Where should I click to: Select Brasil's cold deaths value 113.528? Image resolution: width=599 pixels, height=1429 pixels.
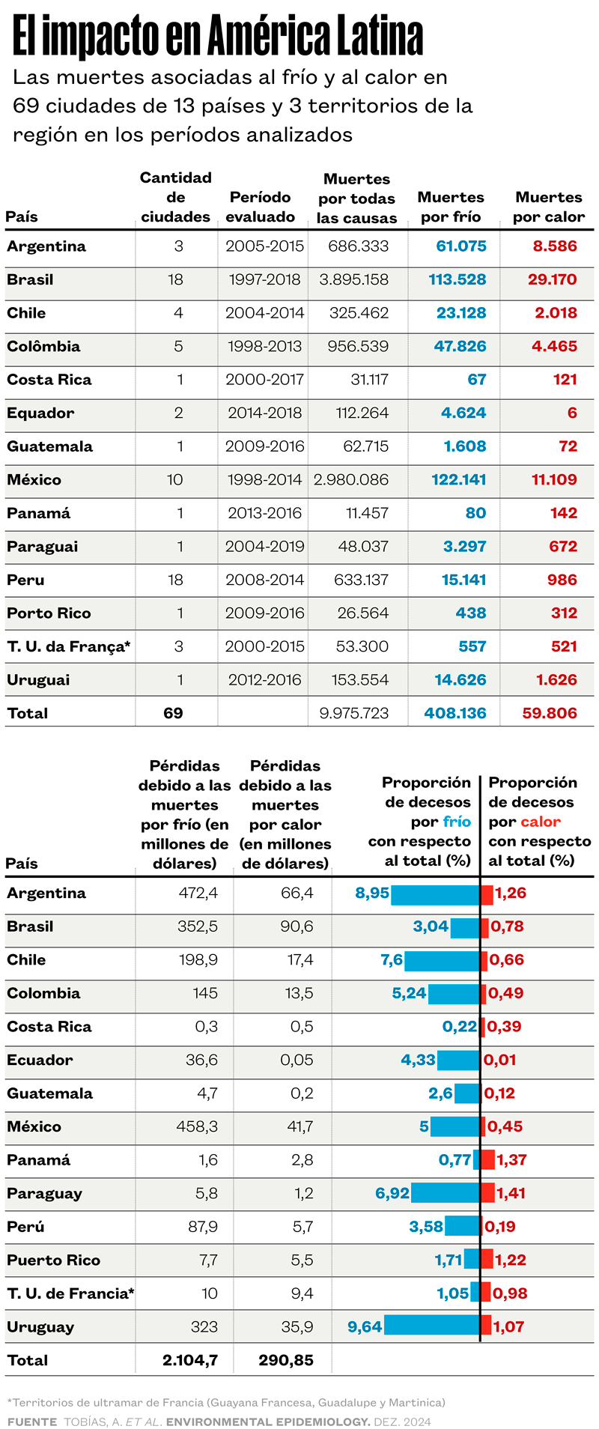pos(457,279)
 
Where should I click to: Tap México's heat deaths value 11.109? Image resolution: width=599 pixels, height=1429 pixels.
pos(554,479)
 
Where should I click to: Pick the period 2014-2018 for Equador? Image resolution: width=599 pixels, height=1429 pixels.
pos(265,413)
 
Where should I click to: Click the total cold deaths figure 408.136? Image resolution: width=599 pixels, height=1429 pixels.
pos(454,713)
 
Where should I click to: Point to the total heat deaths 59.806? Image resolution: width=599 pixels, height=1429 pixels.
pos(550,713)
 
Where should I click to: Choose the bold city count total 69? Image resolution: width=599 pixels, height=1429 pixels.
pos(173,713)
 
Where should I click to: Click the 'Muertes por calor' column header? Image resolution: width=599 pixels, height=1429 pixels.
pos(548,207)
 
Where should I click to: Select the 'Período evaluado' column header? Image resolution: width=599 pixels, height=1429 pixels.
pos(260,207)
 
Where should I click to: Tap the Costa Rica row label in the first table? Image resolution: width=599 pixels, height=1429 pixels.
pos(49,380)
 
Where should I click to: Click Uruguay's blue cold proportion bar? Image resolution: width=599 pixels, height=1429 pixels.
pos(431,1326)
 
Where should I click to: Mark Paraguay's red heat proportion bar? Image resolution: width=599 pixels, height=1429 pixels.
pos(487,1193)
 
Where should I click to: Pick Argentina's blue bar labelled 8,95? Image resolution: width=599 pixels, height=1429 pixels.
pos(435,893)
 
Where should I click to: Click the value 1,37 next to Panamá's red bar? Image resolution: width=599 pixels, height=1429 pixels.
pos(511,1160)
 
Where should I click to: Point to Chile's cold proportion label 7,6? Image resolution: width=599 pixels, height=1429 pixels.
pos(392,960)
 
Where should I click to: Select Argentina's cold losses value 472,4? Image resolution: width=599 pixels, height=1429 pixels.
pos(198,893)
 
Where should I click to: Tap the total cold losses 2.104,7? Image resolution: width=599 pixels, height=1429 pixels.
pos(190,1360)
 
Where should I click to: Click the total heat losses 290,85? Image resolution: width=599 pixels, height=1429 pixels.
pos(286,1360)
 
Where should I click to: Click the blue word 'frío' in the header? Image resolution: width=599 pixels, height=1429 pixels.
pos(457,822)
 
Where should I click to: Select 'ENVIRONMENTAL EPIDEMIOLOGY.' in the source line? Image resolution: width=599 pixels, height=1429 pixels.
pos(268,1422)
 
